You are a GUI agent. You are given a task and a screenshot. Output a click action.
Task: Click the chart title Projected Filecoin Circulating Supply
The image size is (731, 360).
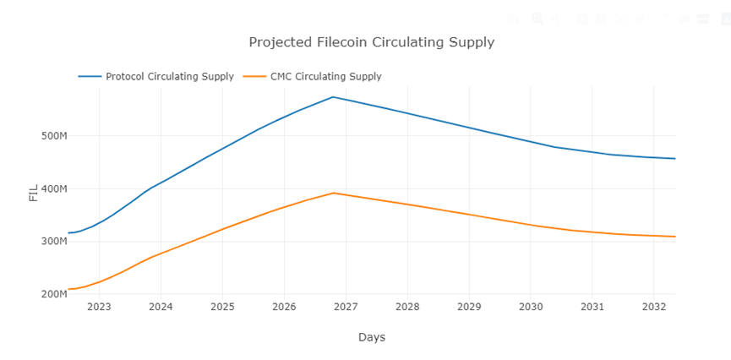371,42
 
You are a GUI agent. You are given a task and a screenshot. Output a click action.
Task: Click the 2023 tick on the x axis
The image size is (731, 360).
99,307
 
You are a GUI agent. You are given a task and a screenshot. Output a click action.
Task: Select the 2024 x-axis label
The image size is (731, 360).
161,307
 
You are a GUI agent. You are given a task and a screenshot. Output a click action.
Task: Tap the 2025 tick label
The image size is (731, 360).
222,307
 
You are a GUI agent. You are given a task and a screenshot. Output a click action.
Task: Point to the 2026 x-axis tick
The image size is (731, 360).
284,307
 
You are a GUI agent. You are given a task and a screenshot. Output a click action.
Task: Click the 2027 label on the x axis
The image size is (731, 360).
346,307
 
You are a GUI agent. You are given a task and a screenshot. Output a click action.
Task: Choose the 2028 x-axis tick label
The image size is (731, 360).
407,307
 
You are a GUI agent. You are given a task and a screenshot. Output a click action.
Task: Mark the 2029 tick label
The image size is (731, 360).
469,307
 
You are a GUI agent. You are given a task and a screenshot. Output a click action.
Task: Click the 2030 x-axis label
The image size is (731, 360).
531,307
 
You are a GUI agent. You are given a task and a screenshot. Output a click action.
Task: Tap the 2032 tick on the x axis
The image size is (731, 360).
653,307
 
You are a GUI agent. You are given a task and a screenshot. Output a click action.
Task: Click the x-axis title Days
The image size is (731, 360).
371,337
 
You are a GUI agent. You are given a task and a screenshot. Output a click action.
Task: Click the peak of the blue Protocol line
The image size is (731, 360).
333,96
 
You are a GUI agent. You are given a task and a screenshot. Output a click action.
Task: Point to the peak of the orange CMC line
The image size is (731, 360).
334,193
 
